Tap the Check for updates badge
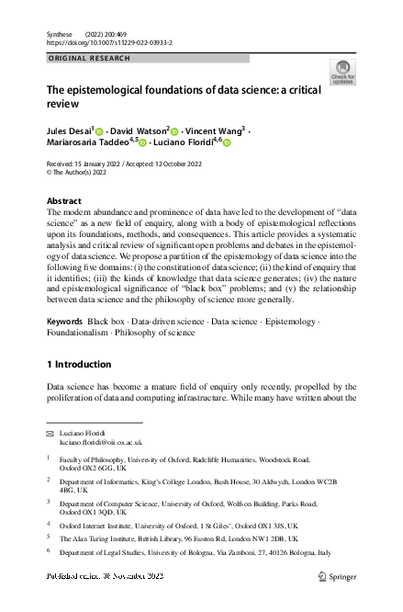(342, 73)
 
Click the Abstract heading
(64, 200)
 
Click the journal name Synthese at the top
(59, 33)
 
